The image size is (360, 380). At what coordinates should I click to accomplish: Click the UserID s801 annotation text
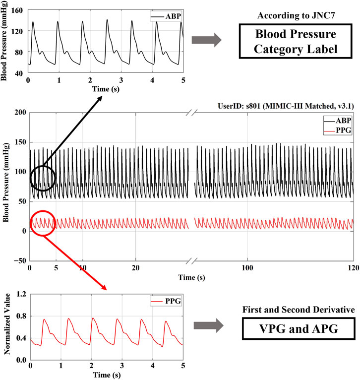287,106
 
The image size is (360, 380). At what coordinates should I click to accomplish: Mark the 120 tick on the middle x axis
353,267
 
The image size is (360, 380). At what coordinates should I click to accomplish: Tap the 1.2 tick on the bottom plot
21,294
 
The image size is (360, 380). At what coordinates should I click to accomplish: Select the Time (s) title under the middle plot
191,277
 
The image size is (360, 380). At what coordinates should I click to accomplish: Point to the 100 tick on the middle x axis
246,267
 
